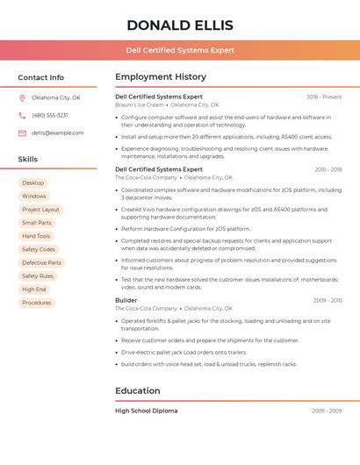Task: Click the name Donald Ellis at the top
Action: coord(179,25)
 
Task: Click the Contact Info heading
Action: coord(40,77)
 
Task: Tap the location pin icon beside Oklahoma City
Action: coord(22,97)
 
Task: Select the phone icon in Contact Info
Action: coord(22,115)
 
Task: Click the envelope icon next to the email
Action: coord(22,132)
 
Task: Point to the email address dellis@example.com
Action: coord(58,132)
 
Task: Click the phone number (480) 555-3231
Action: coord(49,115)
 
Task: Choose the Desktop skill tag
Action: coord(33,182)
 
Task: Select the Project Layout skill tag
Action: coord(40,210)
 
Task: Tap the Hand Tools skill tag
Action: coord(36,236)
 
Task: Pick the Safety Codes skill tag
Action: coord(39,249)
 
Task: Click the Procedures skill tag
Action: coord(37,303)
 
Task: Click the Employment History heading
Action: coord(160,77)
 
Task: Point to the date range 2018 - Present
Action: coord(324,97)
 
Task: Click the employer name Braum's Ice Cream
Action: coord(139,104)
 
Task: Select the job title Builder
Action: coord(126,300)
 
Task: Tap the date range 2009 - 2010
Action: coord(327,300)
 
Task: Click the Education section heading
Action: coord(137,390)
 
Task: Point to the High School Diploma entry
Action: coord(146,411)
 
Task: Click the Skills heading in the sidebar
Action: coord(28,160)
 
